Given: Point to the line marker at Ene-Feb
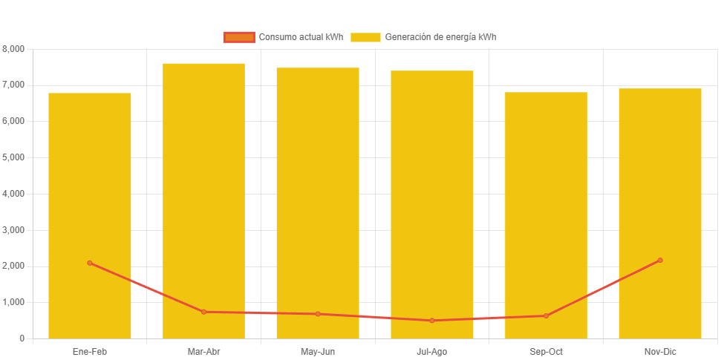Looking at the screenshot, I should [x=90, y=263].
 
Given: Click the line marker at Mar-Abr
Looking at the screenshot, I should [x=203, y=312].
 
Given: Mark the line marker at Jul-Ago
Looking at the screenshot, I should [x=432, y=321].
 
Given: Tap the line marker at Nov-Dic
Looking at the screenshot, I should [x=660, y=261].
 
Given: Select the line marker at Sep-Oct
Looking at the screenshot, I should [x=546, y=316].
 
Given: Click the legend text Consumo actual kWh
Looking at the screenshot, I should [x=301, y=37].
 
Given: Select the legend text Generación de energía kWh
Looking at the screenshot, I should [x=440, y=37].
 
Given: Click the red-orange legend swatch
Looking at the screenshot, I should [x=239, y=37].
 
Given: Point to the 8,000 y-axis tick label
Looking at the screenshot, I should [x=13, y=49].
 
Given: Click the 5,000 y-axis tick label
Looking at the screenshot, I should [x=13, y=157].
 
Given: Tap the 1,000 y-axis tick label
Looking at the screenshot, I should [x=13, y=302].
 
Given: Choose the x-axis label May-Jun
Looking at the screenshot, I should [x=318, y=351].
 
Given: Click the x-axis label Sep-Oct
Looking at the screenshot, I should [x=546, y=351].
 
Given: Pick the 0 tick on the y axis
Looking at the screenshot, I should [x=22, y=338].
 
